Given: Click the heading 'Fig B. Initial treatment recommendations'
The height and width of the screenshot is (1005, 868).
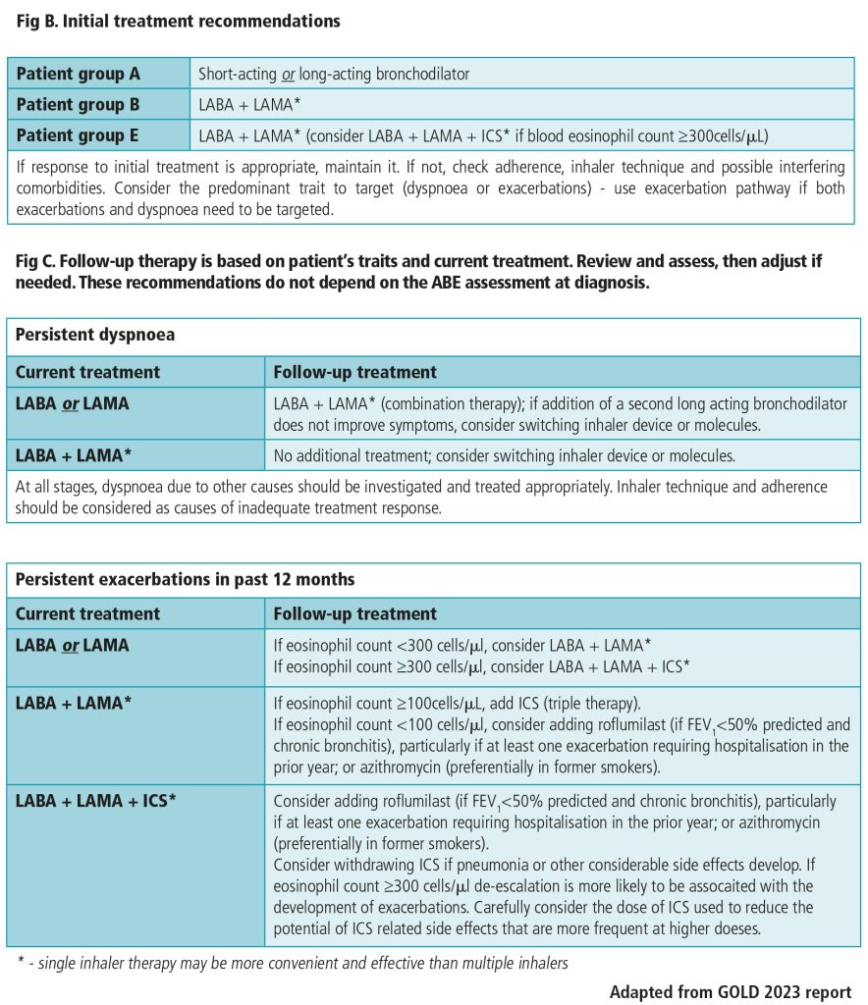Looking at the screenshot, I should click(x=178, y=21).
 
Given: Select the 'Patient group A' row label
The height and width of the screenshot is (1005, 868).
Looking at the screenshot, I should click(x=78, y=74).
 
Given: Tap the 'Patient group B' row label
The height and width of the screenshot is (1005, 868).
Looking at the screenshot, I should click(x=78, y=104).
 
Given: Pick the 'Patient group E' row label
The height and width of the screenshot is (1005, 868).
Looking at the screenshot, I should click(x=78, y=135).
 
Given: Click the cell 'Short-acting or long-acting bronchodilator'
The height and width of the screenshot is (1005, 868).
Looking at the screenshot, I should click(x=334, y=74).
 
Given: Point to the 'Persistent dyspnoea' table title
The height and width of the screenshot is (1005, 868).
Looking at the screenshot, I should click(x=95, y=335).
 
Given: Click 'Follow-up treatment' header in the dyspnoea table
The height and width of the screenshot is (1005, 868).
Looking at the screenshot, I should click(x=354, y=372).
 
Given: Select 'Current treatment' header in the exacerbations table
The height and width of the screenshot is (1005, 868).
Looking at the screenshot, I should click(x=87, y=613).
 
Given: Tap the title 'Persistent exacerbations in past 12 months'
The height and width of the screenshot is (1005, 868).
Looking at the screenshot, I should click(x=185, y=579).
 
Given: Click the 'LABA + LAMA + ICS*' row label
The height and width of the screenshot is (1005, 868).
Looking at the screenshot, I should click(x=95, y=800).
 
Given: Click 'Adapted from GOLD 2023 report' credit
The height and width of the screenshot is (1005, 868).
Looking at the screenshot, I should click(x=730, y=991).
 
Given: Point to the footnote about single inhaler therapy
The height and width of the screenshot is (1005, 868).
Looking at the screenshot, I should click(x=293, y=963).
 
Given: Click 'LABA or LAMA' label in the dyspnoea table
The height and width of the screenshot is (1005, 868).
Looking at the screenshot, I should click(x=72, y=403).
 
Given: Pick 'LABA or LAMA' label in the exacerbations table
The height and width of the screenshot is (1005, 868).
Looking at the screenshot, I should click(x=72, y=645).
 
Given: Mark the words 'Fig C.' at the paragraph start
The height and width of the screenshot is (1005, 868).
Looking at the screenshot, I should click(x=37, y=261).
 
